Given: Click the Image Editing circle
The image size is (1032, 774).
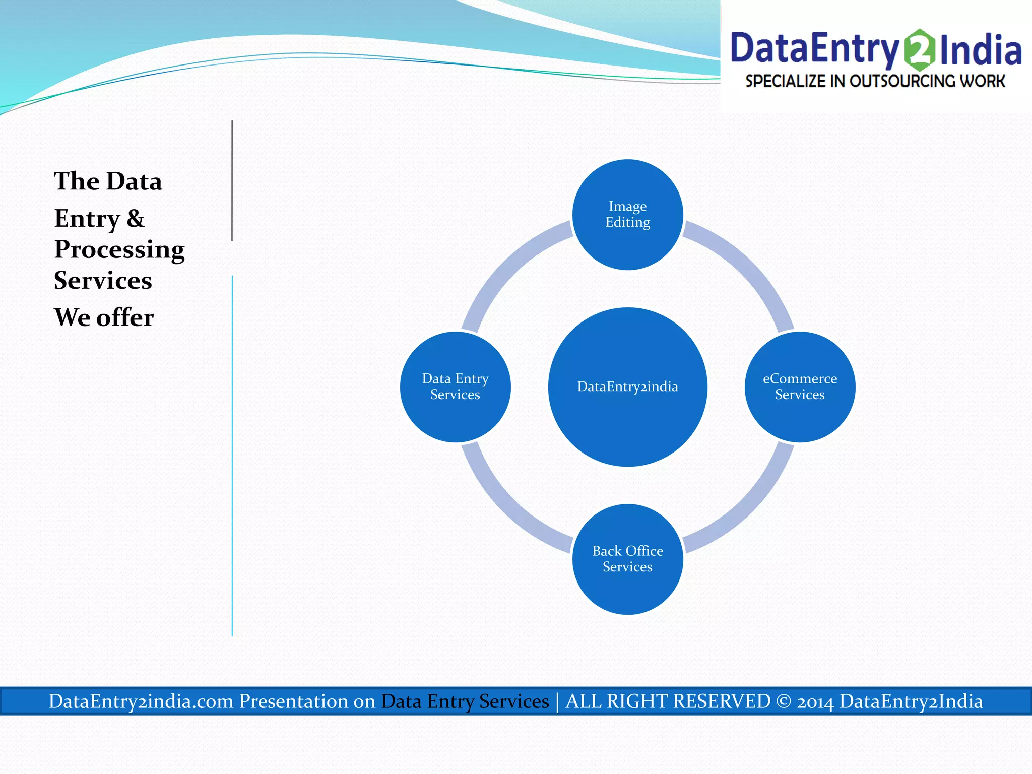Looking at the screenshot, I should click(627, 215).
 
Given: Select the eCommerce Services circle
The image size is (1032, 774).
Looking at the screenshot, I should click(800, 387).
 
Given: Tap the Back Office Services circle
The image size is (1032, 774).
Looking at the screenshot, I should click(627, 559).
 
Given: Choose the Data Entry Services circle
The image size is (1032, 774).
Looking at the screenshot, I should click(455, 387).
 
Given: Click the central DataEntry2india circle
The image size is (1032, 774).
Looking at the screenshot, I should click(627, 387).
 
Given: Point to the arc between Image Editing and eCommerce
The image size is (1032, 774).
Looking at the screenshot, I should click(749, 265).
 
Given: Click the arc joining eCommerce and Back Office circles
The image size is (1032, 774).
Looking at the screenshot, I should click(749, 509).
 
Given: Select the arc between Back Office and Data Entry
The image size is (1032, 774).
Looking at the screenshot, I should click(505, 509).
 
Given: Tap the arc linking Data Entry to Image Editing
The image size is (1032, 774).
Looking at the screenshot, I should click(505, 265).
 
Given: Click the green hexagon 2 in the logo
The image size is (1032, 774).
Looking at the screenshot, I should click(920, 50).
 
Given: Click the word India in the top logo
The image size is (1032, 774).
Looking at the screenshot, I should click(981, 50).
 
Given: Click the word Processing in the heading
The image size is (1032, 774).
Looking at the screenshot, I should click(119, 250).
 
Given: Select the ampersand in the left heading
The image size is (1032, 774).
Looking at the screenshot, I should click(135, 219).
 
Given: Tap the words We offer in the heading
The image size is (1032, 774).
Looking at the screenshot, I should click(104, 317).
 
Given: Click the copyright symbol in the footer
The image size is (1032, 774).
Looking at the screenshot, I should click(784, 701).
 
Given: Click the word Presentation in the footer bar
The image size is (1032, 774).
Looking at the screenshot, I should click(307, 701).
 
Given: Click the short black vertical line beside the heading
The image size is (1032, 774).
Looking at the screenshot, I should click(232, 180).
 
